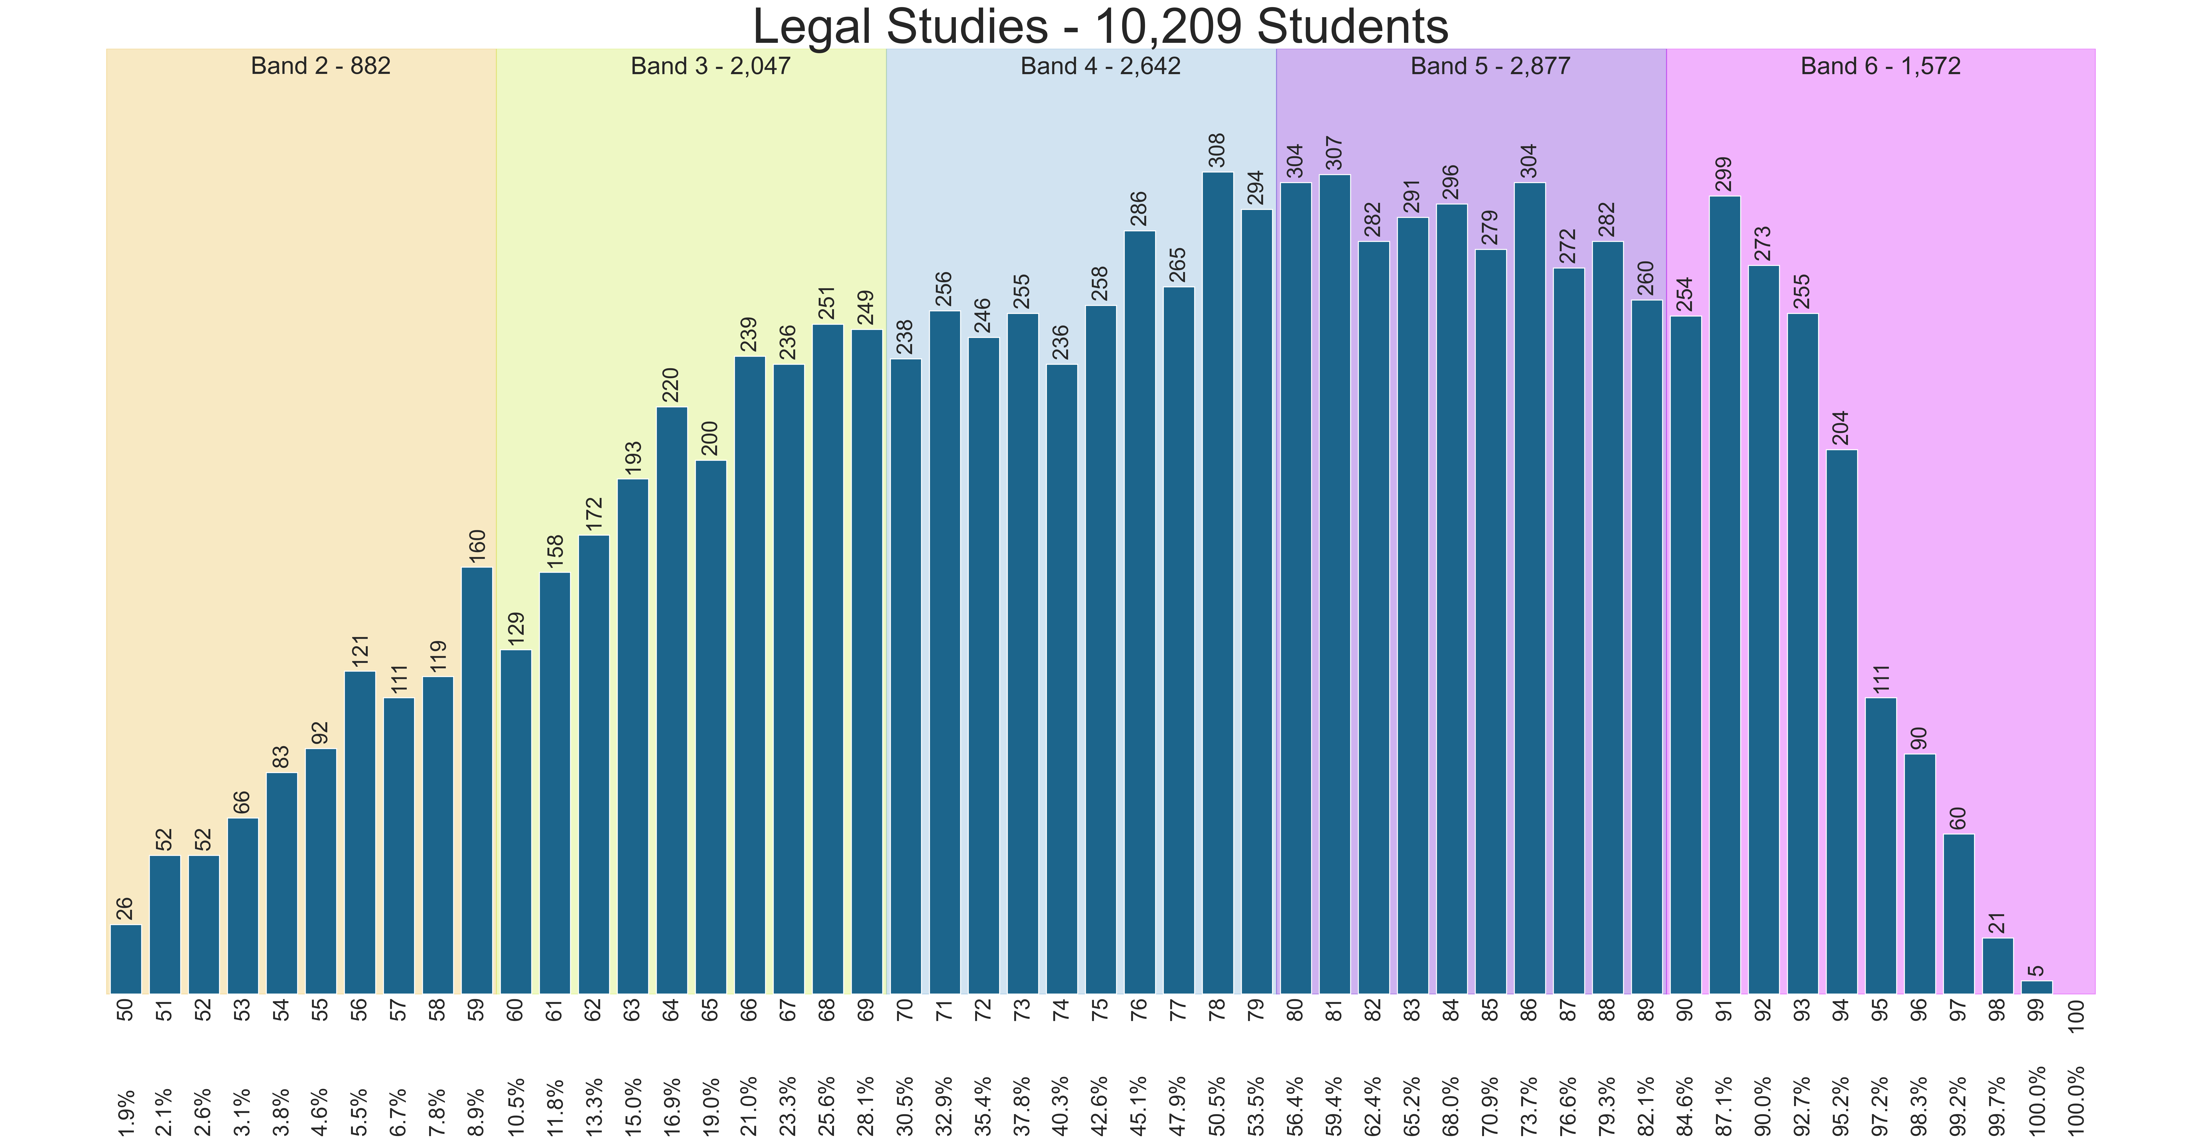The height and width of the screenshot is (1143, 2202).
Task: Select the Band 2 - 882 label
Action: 321,66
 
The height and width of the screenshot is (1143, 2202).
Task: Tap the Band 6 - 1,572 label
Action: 1881,66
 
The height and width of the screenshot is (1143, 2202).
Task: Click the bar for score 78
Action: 1217,581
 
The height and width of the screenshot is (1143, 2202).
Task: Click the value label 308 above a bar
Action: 1217,150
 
